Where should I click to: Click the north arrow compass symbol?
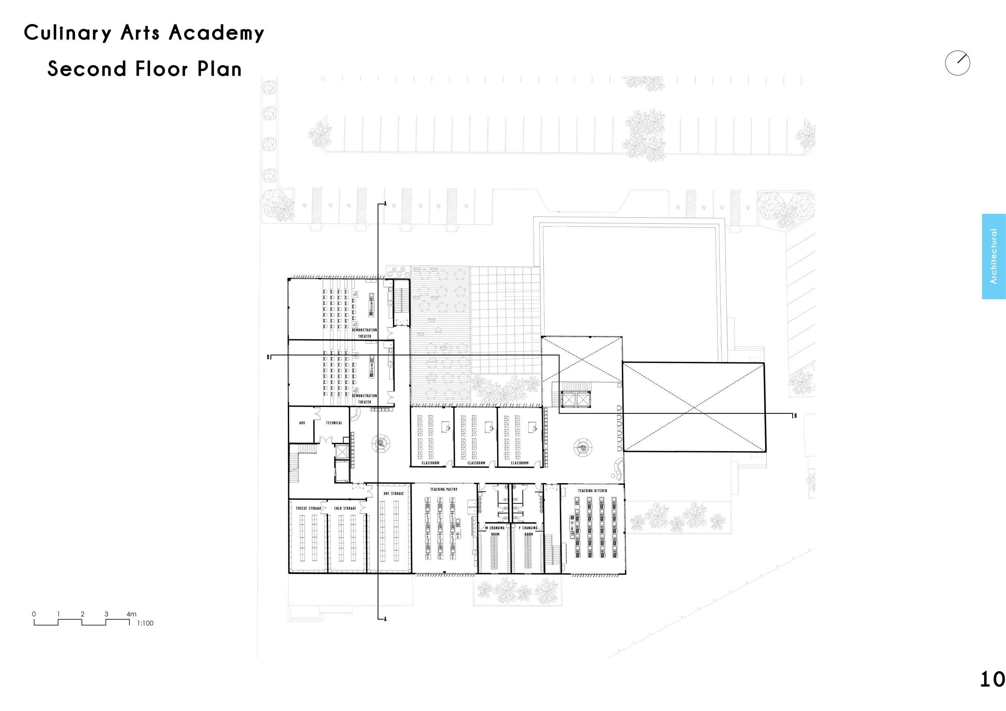957,63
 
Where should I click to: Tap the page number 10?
992,679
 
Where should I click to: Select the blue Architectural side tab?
993,256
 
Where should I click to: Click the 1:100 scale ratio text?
145,623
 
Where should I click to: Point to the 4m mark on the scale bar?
131,614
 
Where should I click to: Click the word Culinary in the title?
67,33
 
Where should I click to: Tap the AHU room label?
302,423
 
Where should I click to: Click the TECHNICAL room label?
334,423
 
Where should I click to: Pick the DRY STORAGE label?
393,493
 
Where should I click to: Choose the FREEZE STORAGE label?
309,508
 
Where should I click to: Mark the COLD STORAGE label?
345,508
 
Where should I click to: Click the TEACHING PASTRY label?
444,489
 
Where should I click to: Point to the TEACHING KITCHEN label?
592,490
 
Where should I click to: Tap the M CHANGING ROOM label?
495,531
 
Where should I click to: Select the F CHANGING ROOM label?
528,531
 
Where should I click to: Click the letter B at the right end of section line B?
795,416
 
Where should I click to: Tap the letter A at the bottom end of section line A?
385,619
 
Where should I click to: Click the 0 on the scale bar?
34,614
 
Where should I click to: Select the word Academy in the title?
217,33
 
